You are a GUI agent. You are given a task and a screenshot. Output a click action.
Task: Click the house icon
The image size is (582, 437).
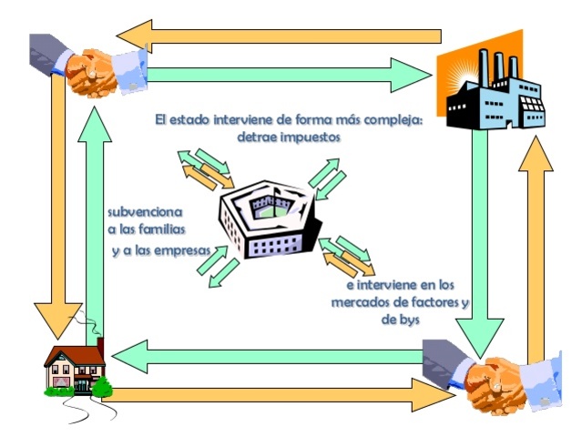[x=75, y=369]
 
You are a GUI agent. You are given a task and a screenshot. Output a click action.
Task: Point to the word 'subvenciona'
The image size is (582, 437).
[x=145, y=209]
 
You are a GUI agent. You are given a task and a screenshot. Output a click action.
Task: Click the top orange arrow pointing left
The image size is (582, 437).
[x=273, y=37]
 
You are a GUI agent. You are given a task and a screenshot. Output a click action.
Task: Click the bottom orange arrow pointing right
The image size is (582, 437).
[x=273, y=395]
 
